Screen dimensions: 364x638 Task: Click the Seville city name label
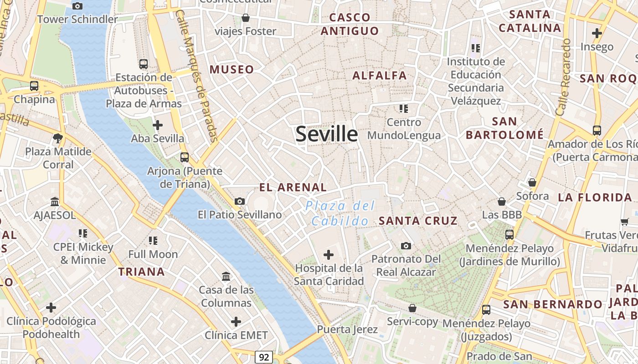(x=327, y=134)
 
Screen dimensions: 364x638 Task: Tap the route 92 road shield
(x=264, y=357)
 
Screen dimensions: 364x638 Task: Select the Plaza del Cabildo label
(x=340, y=213)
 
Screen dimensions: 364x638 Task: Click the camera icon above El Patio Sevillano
(x=240, y=201)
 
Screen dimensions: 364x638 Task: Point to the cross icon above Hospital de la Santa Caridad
(x=328, y=254)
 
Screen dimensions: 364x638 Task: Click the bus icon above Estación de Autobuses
(x=144, y=64)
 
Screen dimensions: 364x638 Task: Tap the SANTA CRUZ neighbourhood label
(x=418, y=221)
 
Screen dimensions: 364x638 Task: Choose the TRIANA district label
(x=141, y=272)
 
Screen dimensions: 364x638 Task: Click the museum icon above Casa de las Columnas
(x=226, y=276)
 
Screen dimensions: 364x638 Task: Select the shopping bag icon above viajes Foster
(x=246, y=18)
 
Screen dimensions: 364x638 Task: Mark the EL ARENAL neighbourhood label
(x=293, y=187)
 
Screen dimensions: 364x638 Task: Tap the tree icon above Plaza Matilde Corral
(x=58, y=138)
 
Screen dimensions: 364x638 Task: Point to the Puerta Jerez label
(x=347, y=329)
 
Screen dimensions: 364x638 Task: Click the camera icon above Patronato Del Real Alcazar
(x=406, y=246)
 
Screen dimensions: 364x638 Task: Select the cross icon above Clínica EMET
(x=236, y=322)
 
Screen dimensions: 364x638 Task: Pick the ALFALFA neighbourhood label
(x=380, y=76)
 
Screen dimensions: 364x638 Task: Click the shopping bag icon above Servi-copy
(x=412, y=308)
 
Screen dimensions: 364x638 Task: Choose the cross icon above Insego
(x=597, y=33)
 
